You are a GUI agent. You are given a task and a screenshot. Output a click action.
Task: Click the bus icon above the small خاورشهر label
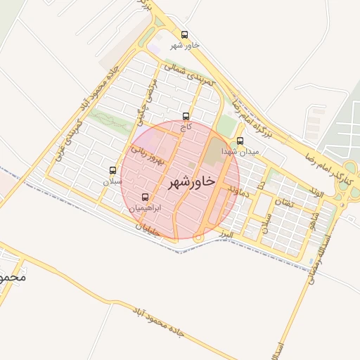(x=185, y=34)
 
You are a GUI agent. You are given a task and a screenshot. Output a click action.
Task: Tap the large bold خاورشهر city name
(x=191, y=182)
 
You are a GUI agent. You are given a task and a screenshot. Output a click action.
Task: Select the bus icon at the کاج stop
(x=186, y=116)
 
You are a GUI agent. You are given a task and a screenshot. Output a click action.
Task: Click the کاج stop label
(x=186, y=127)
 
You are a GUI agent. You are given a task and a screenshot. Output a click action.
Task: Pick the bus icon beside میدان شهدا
(x=240, y=141)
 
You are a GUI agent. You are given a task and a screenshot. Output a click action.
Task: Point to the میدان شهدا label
(x=240, y=151)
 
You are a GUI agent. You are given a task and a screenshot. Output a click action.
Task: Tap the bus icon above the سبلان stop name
(x=112, y=170)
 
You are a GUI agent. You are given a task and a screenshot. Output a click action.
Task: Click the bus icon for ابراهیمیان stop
(x=146, y=198)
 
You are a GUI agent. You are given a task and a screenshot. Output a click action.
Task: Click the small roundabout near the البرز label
(x=199, y=239)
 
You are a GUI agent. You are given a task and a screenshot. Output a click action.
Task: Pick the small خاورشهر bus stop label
(x=186, y=46)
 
